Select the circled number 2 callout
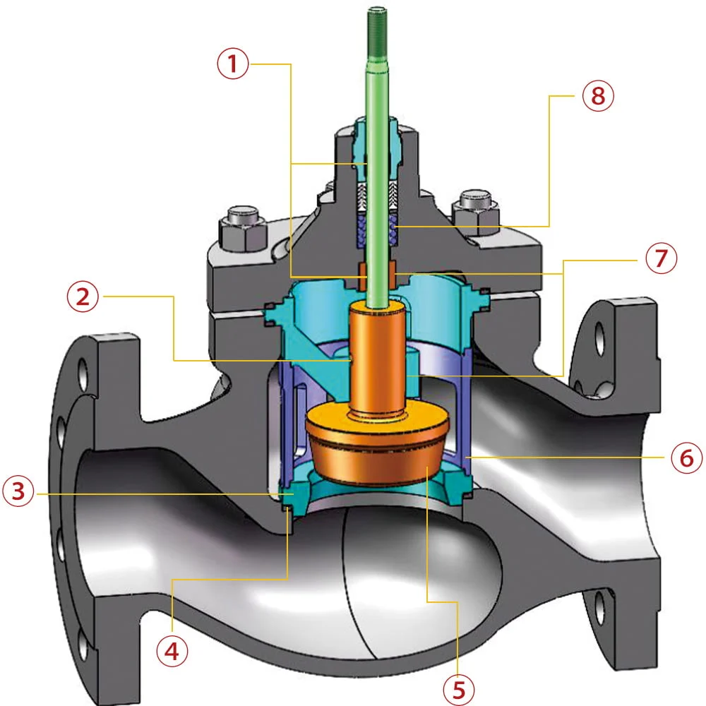click(84, 297)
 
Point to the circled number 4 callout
click(172, 650)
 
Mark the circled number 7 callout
click(660, 260)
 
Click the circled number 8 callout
click(597, 96)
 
